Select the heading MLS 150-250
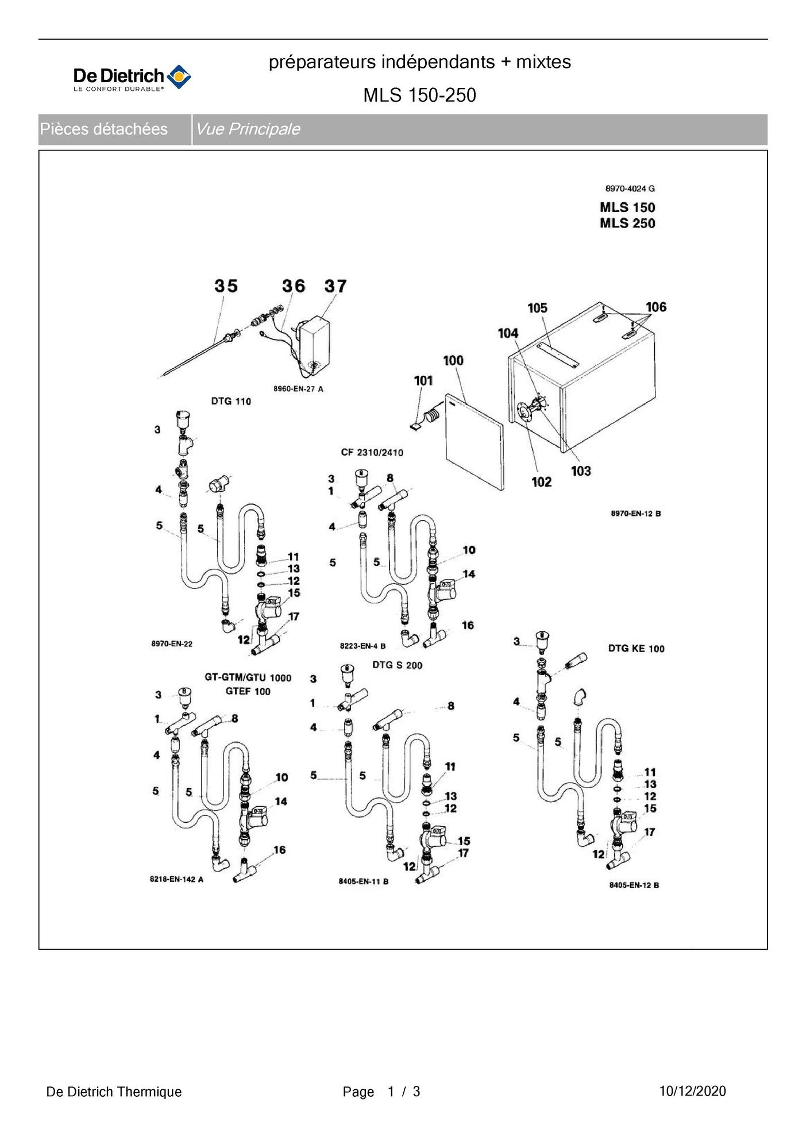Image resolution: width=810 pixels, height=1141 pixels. coord(419,95)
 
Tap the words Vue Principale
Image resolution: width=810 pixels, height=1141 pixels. coord(248,129)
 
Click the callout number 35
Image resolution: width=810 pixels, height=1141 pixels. coord(226,286)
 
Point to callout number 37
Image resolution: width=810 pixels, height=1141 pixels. coord(335,286)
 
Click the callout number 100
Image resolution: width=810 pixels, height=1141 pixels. coord(453,360)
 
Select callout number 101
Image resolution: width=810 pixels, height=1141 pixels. coord(423,380)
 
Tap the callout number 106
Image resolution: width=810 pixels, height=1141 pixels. coord(655,307)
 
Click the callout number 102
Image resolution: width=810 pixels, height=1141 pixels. coord(541,481)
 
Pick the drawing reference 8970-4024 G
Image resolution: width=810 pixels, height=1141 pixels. coord(630,188)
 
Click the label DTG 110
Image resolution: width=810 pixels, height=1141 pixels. coord(231,401)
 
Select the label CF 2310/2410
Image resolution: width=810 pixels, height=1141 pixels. coord(372,452)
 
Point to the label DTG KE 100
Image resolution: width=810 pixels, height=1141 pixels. coord(636,649)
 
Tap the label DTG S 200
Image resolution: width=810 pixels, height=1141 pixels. coord(397,665)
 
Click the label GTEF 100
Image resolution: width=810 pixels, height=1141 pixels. coord(248,691)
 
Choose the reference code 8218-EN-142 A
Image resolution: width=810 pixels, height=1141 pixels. coord(176,880)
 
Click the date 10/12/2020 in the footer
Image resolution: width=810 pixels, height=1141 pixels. coord(692,1091)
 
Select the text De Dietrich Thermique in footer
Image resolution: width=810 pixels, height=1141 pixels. coord(114,1092)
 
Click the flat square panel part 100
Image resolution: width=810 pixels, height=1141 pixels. coord(474,442)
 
